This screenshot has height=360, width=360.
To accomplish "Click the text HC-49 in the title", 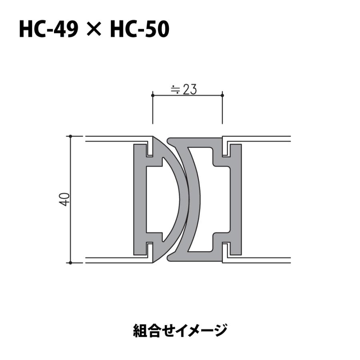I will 48,30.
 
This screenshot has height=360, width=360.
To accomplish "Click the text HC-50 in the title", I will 140,30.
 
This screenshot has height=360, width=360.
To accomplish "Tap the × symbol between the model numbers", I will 94,30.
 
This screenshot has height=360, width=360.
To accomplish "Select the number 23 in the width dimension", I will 190,90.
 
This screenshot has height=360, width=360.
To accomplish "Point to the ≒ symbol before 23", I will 175,90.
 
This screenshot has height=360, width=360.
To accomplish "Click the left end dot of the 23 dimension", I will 152,95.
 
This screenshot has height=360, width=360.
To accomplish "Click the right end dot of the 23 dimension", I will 222,95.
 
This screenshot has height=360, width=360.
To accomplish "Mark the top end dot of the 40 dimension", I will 70,136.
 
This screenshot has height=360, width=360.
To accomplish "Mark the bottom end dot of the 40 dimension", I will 70,263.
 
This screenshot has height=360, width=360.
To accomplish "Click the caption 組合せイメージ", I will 180,330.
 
